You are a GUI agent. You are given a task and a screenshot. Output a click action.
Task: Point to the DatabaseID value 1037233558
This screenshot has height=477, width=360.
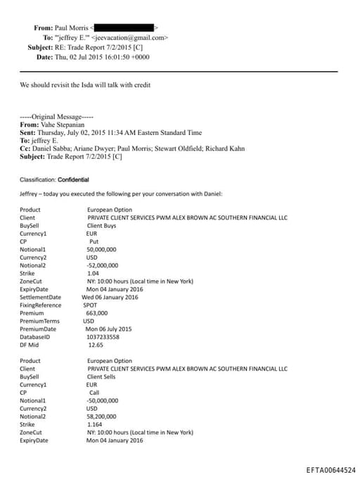coord(103,337)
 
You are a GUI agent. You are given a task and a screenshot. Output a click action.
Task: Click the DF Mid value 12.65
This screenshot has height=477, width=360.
coord(96,345)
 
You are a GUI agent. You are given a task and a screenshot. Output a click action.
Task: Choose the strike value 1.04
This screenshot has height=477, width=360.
coord(94,273)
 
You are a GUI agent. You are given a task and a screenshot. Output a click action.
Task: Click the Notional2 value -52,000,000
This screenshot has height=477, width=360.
coord(103,265)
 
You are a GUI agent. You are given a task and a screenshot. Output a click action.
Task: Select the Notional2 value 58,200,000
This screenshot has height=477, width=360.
coord(103,416)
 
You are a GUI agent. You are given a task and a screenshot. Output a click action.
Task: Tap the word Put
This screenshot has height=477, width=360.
coord(94,241)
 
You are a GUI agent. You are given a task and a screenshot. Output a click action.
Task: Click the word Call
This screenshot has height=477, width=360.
coord(95,393)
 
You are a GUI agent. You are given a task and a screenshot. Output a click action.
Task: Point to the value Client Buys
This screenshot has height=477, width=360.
coord(102,225)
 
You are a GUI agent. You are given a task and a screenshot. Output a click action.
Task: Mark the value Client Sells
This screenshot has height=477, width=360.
coord(103,376)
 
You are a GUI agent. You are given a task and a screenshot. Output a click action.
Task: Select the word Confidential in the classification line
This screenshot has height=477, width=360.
coord(73,179)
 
